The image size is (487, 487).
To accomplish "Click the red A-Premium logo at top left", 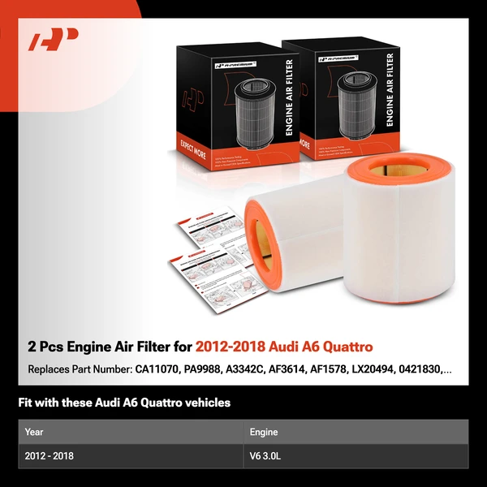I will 54,39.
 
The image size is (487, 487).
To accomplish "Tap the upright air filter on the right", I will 398,227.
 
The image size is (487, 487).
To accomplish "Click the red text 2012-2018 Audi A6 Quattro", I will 284,347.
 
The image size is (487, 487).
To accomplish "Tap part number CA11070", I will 159,369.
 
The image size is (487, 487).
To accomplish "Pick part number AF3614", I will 309,369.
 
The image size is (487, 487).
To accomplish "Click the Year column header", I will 34,432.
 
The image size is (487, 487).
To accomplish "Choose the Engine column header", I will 265,432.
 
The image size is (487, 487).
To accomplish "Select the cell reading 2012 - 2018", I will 50,456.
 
